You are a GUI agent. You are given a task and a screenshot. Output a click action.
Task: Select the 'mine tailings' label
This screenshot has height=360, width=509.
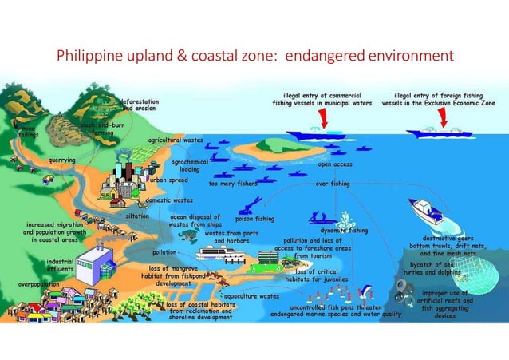point(29,132)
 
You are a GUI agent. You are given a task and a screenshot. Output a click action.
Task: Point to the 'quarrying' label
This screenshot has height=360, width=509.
point(62,160)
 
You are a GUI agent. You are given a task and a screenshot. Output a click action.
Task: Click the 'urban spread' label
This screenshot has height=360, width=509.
point(168,180)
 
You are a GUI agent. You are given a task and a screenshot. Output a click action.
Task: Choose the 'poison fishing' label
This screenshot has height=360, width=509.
point(254,218)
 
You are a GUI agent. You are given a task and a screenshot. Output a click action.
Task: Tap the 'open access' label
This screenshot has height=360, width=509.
point(335,164)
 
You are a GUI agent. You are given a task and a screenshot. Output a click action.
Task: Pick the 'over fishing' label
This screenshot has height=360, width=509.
point(333,184)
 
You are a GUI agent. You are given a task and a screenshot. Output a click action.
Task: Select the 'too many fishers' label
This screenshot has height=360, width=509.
point(233,184)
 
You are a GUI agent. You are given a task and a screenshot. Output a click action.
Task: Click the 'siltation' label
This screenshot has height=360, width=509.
point(138,216)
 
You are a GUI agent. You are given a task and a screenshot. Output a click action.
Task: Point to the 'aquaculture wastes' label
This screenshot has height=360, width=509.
point(251,295)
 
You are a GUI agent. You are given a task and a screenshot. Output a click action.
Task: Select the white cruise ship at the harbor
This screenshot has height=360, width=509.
point(224,253)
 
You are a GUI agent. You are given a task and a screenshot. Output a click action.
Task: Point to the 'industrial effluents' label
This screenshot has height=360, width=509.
point(61,265)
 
